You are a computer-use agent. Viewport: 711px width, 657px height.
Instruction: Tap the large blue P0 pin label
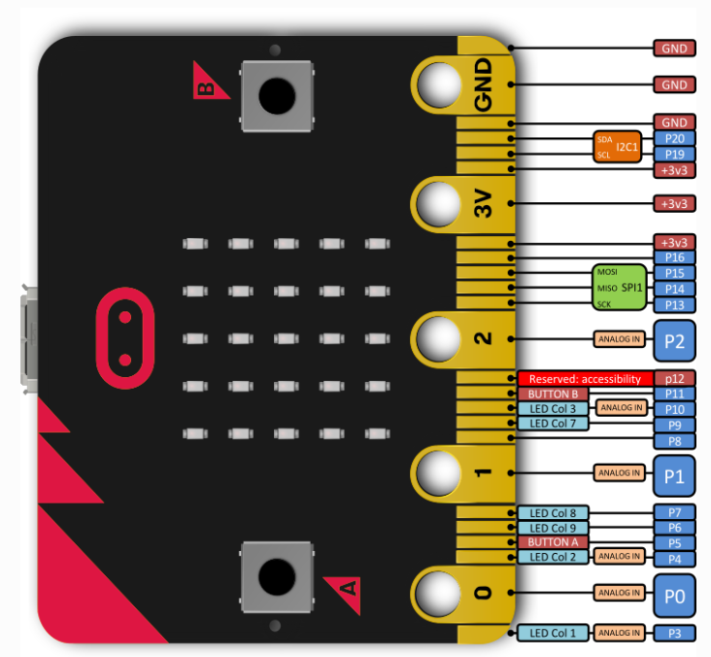coord(674,592)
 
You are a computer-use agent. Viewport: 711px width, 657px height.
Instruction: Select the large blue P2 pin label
coord(674,340)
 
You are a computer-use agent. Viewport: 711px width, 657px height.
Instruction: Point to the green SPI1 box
coord(619,288)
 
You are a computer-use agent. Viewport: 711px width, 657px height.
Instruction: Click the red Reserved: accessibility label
coord(585,378)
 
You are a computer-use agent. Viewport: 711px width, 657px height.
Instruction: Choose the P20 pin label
coord(674,139)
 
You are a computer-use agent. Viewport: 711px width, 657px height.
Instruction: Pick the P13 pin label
coord(674,305)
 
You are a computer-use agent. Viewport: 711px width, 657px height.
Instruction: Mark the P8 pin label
coord(674,441)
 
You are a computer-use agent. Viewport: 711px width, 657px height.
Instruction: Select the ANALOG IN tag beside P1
coord(618,473)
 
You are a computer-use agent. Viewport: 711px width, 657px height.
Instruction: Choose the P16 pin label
coord(674,258)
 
